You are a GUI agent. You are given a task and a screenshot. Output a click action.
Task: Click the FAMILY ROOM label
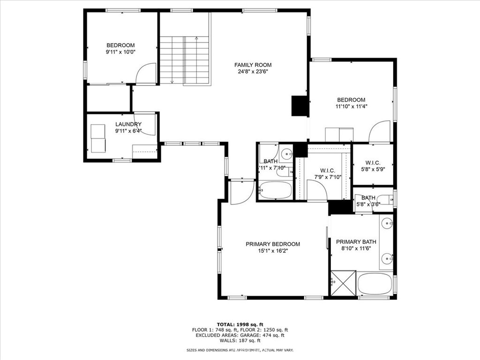[x=253, y=65]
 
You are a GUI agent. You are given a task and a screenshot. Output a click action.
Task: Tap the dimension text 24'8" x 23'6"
[x=253, y=72]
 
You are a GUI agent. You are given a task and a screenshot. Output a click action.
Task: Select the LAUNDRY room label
[x=128, y=124]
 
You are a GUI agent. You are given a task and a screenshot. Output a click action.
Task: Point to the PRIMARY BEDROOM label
[x=273, y=244]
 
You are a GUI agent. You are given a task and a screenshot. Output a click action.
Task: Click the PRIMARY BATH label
[x=354, y=242]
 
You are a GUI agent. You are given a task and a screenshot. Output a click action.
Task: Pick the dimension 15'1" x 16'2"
[x=273, y=251]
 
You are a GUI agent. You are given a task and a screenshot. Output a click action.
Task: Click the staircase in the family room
[x=185, y=60]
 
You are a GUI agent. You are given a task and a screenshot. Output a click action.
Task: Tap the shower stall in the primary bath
[x=343, y=283]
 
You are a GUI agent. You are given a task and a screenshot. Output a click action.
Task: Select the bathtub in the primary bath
[x=375, y=284]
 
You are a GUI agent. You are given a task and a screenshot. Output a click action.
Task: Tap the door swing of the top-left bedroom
[x=146, y=74]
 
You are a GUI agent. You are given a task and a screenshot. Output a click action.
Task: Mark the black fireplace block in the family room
[x=300, y=106]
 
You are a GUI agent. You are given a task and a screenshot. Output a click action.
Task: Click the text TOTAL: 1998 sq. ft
[x=240, y=324]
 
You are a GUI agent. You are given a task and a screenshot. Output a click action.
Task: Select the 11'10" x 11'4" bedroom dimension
[x=351, y=106]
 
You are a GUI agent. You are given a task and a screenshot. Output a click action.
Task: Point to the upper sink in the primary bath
[x=387, y=224]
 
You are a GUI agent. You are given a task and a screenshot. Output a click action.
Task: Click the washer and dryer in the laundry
[x=98, y=138]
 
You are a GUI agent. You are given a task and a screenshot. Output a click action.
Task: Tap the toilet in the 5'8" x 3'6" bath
[x=386, y=201]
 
